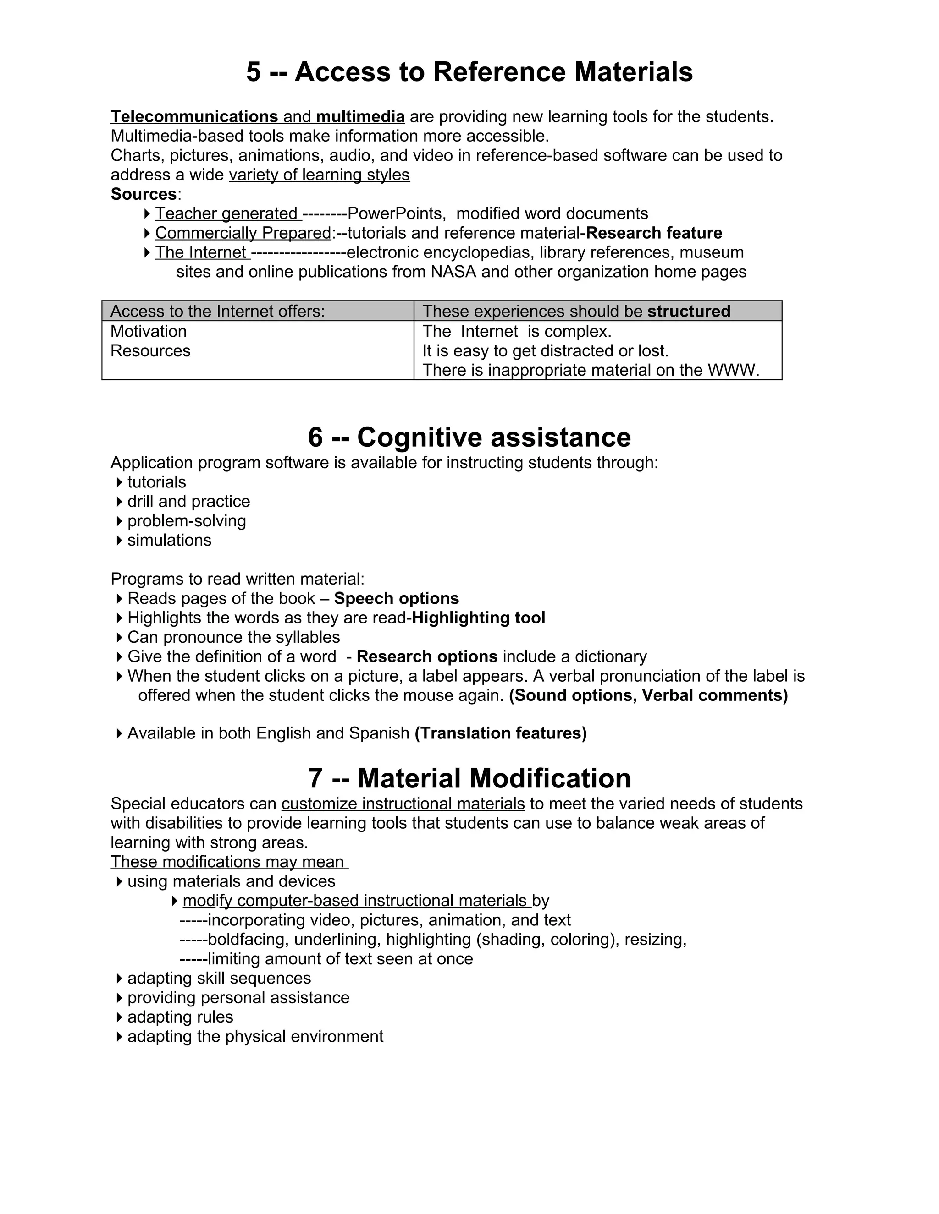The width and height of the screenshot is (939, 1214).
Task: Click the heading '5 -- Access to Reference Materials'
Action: coord(469,72)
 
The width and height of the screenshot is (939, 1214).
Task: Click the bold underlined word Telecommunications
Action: coord(194,117)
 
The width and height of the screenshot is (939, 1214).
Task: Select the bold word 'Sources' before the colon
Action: coord(144,194)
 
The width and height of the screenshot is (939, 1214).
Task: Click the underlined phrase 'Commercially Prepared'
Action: coord(243,233)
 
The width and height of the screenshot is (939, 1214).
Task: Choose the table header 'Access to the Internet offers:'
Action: coord(217,311)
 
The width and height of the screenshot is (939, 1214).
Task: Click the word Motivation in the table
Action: coord(149,331)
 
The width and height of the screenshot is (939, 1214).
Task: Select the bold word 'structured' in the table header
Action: coord(689,311)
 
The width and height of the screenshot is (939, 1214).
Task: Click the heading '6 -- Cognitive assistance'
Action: coord(469,437)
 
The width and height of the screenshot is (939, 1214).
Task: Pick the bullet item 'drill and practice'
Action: coord(188,501)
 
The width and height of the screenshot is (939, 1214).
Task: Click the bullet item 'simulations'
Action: coord(169,540)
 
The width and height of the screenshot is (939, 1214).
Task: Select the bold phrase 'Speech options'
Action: coord(396,599)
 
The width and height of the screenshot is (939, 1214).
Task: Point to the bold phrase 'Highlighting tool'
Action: coord(478,618)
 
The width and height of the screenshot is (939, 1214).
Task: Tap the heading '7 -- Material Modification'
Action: coord(469,778)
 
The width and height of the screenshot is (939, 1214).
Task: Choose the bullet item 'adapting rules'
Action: coord(180,1017)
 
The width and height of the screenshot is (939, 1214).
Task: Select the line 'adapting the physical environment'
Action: coord(255,1037)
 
